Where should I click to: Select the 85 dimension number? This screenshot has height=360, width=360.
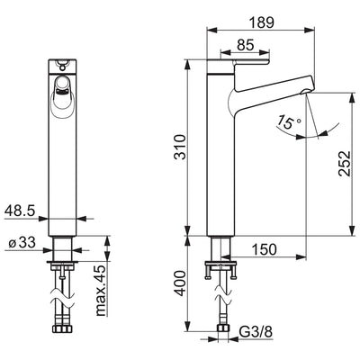pyautogui.click(x=245, y=45)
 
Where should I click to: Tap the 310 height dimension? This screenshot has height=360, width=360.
pyautogui.click(x=181, y=148)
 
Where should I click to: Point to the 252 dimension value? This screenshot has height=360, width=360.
pyautogui.click(x=345, y=164)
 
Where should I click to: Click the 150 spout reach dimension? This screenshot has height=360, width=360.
pyautogui.click(x=264, y=249)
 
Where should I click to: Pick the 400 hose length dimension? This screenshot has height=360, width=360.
pyautogui.click(x=181, y=283)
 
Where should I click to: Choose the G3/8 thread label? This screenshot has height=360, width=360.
pyautogui.click(x=256, y=332)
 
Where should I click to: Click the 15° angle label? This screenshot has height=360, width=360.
pyautogui.click(x=288, y=121)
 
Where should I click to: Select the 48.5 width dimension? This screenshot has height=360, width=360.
pyautogui.click(x=20, y=211)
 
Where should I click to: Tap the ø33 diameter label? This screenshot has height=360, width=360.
pyautogui.click(x=22, y=242)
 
